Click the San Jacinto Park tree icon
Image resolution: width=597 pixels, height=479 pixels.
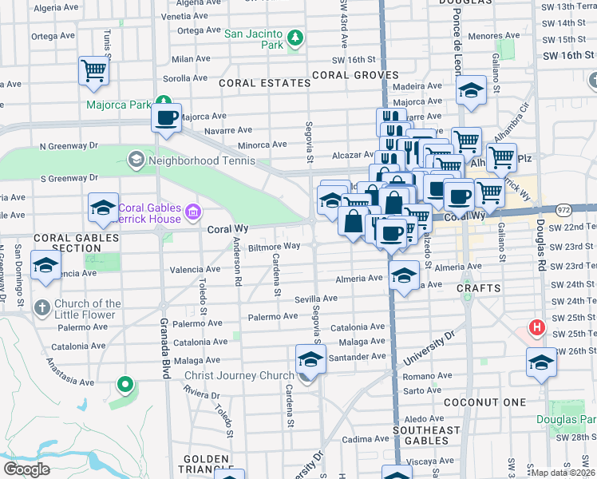point(295,38)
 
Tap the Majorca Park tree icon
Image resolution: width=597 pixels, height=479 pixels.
point(163,102)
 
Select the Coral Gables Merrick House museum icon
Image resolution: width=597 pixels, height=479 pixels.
point(192,212)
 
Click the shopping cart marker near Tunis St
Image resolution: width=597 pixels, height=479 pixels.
point(93,70)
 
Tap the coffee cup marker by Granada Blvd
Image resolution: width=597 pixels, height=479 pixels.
point(167,118)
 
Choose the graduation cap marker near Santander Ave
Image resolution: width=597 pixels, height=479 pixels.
point(310,359)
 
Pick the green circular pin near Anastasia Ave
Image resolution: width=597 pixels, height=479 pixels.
point(124,385)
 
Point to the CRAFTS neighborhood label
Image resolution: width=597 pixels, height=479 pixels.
point(480,287)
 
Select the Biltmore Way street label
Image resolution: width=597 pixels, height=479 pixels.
point(274,247)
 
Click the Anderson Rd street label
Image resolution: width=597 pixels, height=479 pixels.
point(237,263)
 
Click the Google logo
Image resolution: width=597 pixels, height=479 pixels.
point(27,469)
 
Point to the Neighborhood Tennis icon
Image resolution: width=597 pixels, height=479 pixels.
point(135,160)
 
